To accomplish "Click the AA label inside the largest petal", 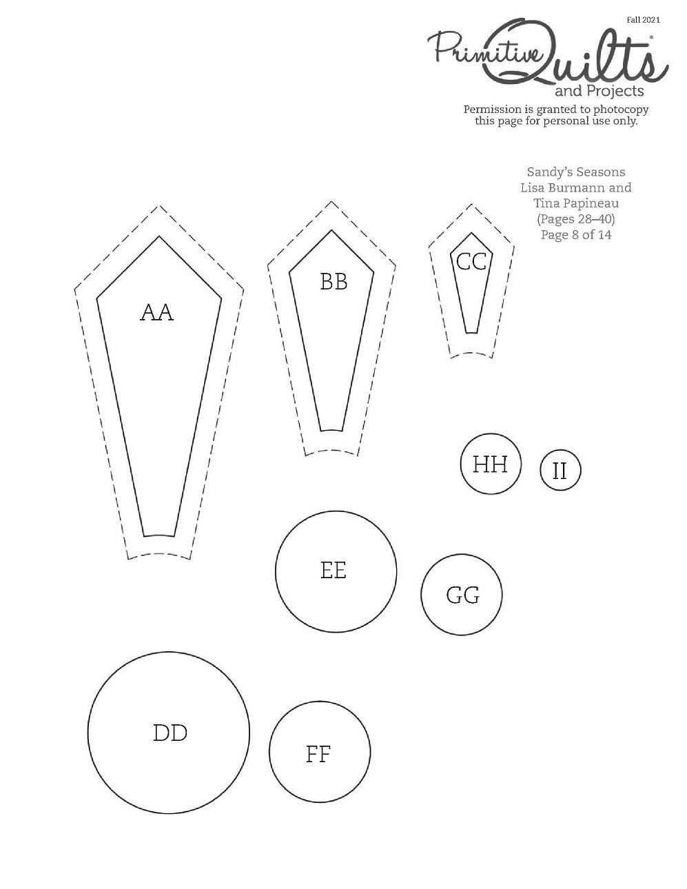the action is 157,313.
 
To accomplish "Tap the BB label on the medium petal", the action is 334,282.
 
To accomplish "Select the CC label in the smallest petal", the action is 471,261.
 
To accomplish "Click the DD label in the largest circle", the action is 170,733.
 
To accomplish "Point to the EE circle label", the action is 334,571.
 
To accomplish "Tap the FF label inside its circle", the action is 318,755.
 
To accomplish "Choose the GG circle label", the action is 463,595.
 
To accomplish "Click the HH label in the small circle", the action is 490,464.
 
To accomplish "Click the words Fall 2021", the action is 644,20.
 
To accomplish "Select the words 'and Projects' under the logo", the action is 599,91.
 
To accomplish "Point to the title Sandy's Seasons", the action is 576,172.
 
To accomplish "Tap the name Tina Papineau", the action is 576,203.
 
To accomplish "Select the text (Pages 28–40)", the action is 576,219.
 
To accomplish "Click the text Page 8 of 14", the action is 576,235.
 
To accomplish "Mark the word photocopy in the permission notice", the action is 621,110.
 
